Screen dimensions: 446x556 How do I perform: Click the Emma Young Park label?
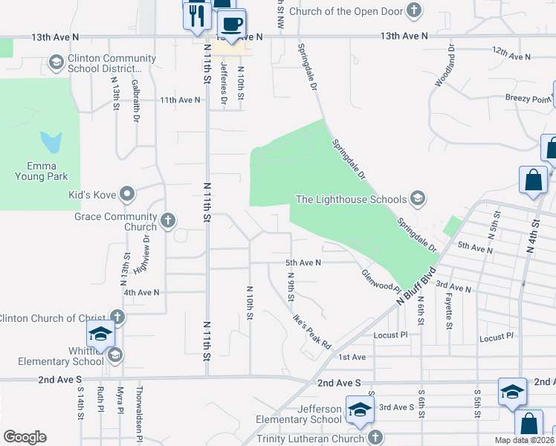[x=42, y=170]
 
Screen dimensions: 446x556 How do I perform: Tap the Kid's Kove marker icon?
[x=127, y=195]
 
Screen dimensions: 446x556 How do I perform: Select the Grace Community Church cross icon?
[x=168, y=220]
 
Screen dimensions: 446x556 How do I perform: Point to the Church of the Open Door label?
[x=346, y=11]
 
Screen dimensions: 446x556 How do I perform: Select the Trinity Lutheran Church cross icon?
[x=375, y=437]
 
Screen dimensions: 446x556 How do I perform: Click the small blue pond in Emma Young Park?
[x=50, y=140]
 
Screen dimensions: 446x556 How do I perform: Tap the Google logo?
[x=25, y=437]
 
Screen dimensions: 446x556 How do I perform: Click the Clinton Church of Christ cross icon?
[x=117, y=317]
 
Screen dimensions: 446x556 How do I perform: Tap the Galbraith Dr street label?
[x=136, y=101]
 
